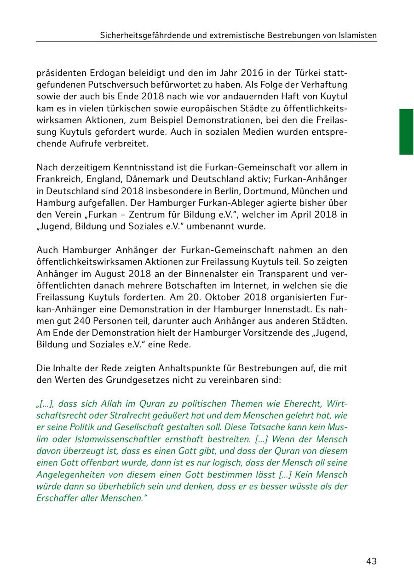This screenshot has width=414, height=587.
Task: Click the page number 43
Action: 371,561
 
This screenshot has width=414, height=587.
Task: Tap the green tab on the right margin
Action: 406,132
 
